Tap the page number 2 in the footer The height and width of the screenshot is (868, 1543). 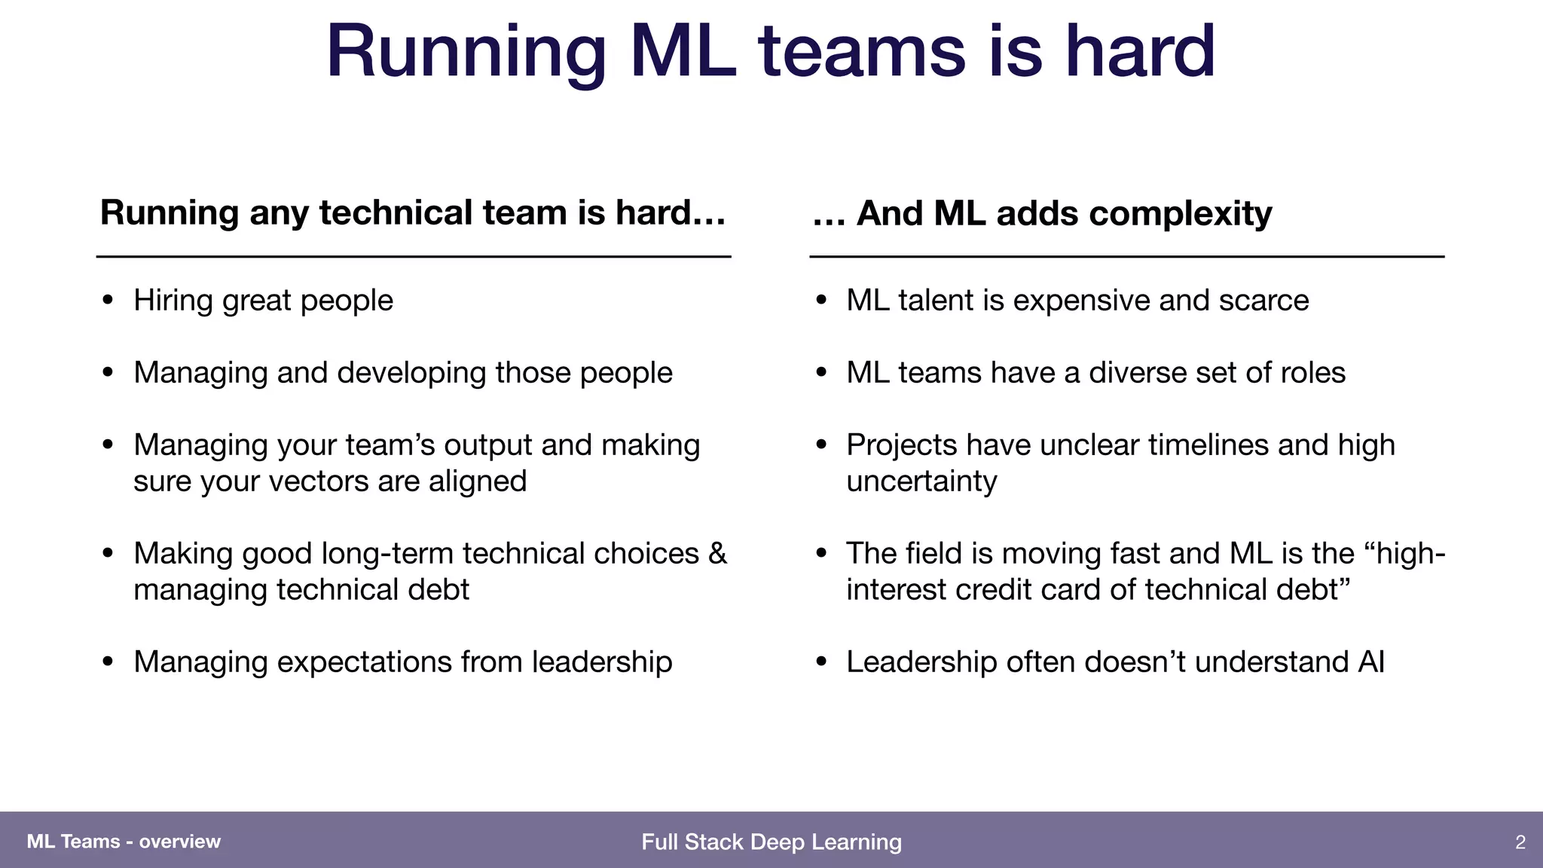tap(1520, 842)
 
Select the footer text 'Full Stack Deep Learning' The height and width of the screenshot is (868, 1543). tap(771, 842)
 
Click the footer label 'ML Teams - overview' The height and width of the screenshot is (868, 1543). tap(124, 842)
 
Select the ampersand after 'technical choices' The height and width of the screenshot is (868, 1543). tap(717, 554)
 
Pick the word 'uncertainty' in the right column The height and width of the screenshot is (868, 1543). tap(921, 481)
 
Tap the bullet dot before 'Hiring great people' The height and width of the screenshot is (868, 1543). tap(108, 301)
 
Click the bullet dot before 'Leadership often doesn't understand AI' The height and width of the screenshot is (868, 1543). tap(821, 662)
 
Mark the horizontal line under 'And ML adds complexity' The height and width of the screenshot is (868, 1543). tap(1126, 257)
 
